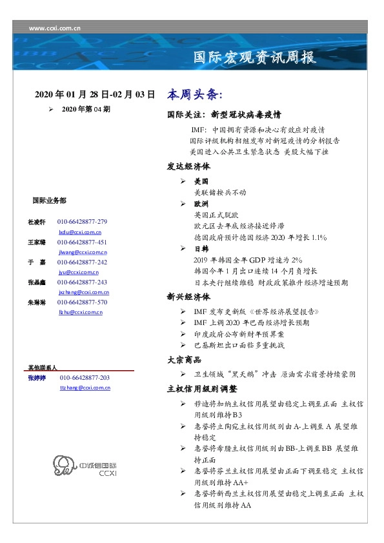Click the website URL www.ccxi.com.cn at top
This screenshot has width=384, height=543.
pos(55,28)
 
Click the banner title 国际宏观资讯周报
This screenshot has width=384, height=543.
pos(255,58)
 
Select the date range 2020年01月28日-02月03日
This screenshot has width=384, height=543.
pos(95,95)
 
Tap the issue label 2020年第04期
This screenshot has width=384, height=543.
pos(86,110)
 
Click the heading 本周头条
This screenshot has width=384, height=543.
pos(194,95)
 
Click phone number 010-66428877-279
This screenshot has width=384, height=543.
pos(82,222)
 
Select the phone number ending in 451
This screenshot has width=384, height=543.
pos(82,242)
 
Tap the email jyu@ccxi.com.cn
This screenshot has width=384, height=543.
pos(83,273)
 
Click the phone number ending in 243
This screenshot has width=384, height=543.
pos(82,282)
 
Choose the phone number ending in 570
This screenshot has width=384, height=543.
pos(82,302)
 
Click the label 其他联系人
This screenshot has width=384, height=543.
pos(43,367)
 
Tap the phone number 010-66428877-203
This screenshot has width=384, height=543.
pos(85,378)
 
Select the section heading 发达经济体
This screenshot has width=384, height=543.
pos(188,166)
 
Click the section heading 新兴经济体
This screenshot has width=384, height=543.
pos(188,297)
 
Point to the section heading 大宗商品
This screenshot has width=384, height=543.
pos(185,360)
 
